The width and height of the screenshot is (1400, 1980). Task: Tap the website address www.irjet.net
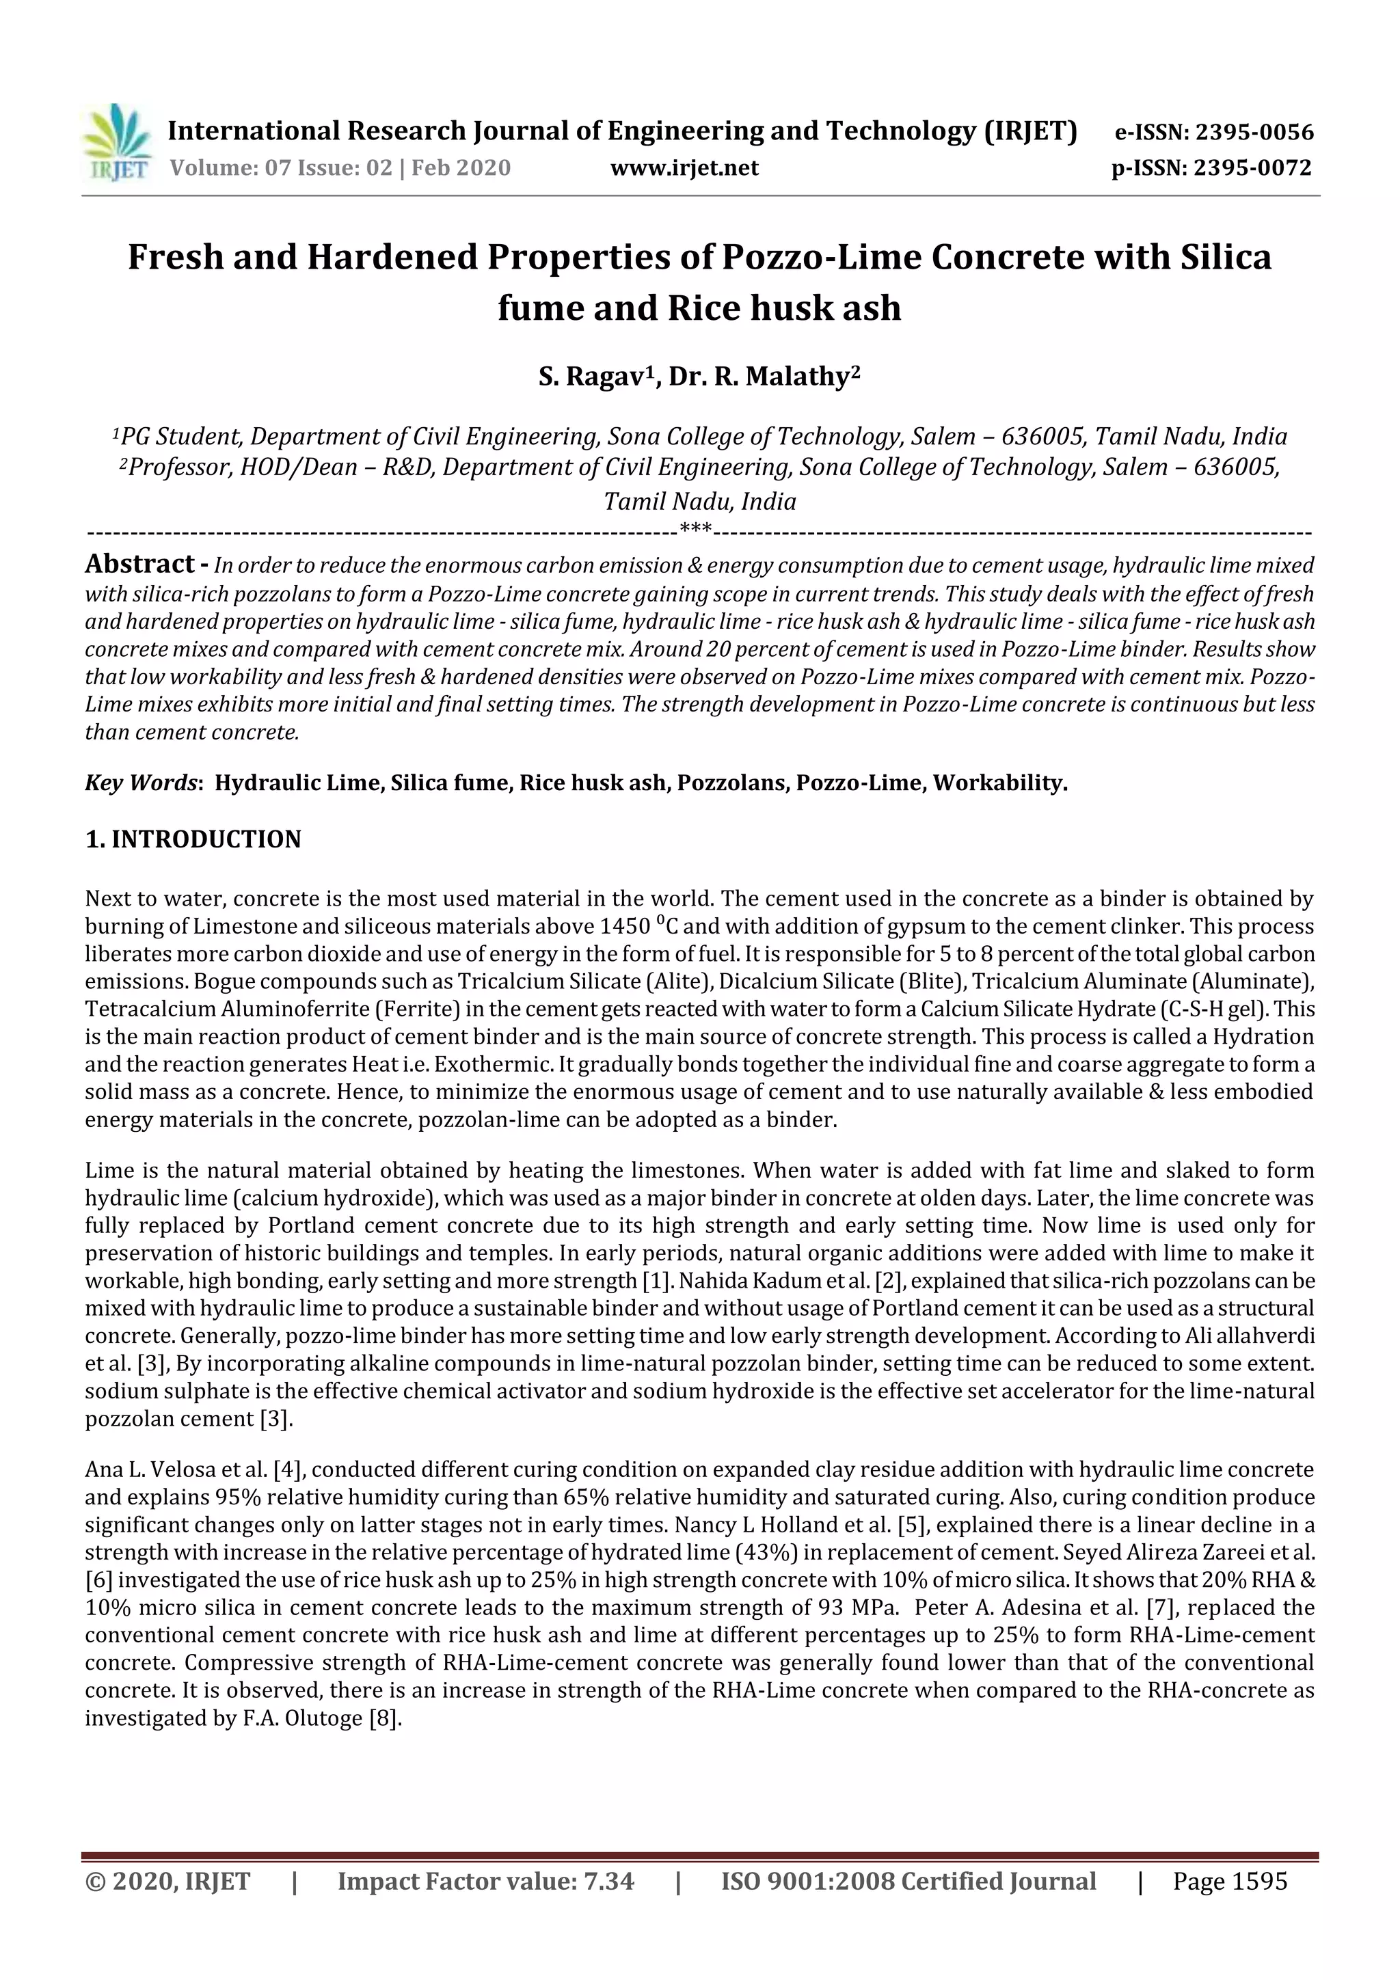tap(684, 168)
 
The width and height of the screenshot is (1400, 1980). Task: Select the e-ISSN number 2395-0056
tap(1254, 133)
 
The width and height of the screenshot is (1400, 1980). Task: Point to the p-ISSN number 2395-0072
tap(1252, 168)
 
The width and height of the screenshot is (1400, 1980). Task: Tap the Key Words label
tap(142, 783)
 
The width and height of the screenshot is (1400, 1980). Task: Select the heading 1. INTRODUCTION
tap(193, 839)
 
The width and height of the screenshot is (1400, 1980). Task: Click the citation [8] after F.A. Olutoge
tap(385, 1719)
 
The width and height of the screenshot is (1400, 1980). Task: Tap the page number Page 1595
tap(1229, 1882)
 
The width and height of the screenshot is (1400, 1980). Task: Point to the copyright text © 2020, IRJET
tap(167, 1882)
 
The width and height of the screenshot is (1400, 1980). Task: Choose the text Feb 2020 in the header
tap(461, 168)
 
